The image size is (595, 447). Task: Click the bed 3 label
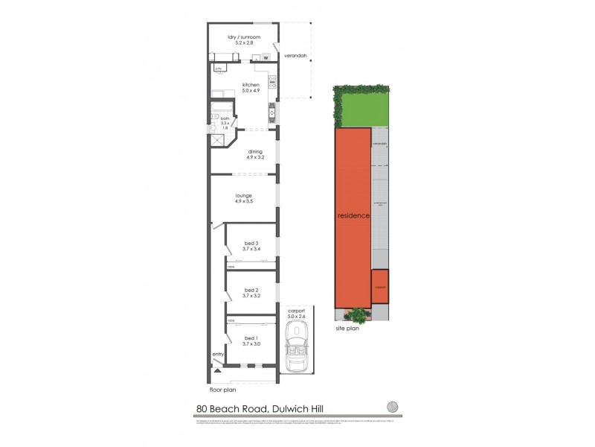[x=251, y=246]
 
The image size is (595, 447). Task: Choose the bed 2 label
[x=251, y=293]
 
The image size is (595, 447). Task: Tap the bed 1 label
[x=251, y=340]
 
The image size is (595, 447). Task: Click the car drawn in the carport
[x=297, y=351]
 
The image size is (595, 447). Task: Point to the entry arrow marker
[x=217, y=367]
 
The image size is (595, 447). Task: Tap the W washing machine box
[x=265, y=57]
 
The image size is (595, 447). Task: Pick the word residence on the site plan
[x=353, y=215]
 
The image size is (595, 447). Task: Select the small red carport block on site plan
[x=379, y=285]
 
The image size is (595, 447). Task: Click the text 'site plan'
[x=347, y=328]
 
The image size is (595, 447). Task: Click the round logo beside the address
[x=392, y=408]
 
